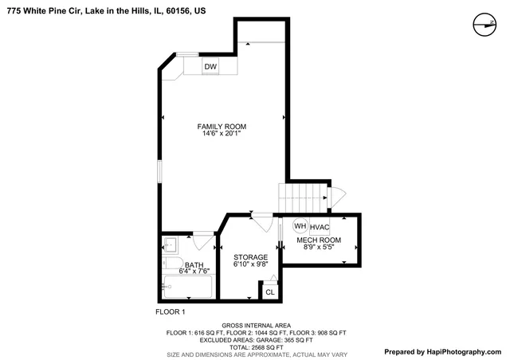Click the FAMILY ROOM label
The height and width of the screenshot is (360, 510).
tap(222, 127)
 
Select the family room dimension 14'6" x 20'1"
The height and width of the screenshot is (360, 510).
tap(222, 134)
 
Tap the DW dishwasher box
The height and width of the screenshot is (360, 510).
tap(210, 66)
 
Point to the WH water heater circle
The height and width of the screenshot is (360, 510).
tap(300, 227)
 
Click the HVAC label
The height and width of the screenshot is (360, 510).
tap(320, 227)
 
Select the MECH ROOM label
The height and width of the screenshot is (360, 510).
tap(319, 240)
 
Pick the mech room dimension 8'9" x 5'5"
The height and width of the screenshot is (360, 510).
tap(319, 247)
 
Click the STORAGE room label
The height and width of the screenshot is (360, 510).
tap(250, 257)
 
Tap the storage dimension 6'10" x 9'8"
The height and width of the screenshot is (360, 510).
tap(250, 264)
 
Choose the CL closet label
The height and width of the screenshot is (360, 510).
tap(270, 292)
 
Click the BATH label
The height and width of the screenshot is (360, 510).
tap(194, 264)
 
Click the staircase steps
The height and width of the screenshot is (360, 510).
tap(302, 195)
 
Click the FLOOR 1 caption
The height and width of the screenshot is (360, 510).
tap(171, 311)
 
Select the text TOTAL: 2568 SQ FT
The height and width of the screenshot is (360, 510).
tap(255, 346)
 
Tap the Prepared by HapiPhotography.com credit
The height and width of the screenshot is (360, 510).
tap(442, 351)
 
